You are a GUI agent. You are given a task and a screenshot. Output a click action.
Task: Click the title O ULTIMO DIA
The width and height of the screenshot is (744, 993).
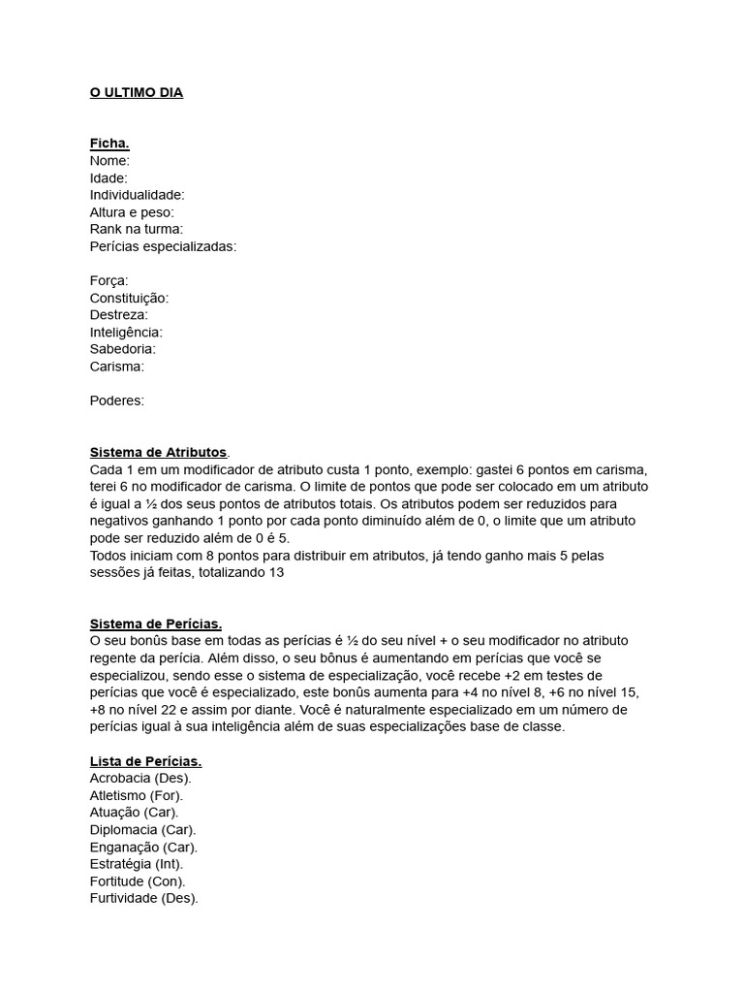pyautogui.click(x=137, y=93)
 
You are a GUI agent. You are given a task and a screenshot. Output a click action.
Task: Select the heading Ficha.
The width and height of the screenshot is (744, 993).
pyautogui.click(x=109, y=144)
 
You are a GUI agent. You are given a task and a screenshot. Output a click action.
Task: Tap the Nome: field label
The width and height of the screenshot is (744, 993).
pyautogui.click(x=109, y=161)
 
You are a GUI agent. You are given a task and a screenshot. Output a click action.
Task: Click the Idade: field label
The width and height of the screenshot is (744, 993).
pyautogui.click(x=108, y=178)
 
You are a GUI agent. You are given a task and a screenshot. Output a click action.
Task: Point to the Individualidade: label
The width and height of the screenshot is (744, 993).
pyautogui.click(x=137, y=195)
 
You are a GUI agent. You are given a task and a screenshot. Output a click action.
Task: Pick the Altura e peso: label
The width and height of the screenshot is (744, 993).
pyautogui.click(x=132, y=212)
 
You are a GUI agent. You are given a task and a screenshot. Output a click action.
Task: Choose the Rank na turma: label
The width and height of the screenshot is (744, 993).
pyautogui.click(x=137, y=229)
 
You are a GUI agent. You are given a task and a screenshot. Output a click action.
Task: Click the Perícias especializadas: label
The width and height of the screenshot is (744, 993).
pyautogui.click(x=163, y=246)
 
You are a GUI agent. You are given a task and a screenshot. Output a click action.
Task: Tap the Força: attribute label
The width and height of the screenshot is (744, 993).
pyautogui.click(x=109, y=281)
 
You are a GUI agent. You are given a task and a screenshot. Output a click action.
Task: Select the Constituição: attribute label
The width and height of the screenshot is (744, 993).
pyautogui.click(x=129, y=298)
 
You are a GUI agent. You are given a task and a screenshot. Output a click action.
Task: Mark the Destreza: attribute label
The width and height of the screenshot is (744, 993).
pyautogui.click(x=118, y=315)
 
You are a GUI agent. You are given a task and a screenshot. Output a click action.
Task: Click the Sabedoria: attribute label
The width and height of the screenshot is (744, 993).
pyautogui.click(x=123, y=349)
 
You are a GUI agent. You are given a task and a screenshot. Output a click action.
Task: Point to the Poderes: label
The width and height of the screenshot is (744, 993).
pyautogui.click(x=117, y=400)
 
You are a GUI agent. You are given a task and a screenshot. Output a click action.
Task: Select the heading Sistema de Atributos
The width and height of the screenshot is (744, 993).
pyautogui.click(x=159, y=452)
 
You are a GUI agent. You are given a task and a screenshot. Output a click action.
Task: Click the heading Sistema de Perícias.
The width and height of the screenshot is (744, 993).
pyautogui.click(x=156, y=624)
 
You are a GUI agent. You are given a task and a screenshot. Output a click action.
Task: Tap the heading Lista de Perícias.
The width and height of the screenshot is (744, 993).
pyautogui.click(x=146, y=761)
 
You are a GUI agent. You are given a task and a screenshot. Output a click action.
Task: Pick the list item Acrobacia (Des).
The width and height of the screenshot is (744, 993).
pyautogui.click(x=140, y=779)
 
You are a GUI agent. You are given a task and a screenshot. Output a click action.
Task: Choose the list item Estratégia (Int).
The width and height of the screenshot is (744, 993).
pyautogui.click(x=137, y=864)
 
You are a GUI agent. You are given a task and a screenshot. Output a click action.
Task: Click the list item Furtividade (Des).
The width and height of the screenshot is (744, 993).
pyautogui.click(x=144, y=898)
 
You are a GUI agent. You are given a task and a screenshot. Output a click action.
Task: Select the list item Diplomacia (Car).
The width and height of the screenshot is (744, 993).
pyautogui.click(x=143, y=830)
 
